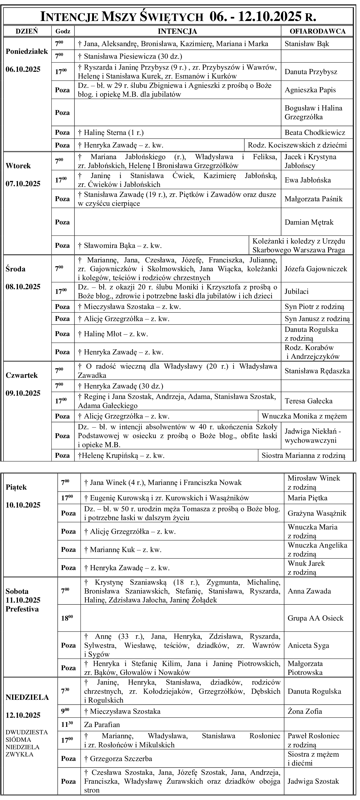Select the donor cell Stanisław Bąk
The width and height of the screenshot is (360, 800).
pyautogui.click(x=307, y=44)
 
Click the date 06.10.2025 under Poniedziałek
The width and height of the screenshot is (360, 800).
pyautogui.click(x=23, y=69)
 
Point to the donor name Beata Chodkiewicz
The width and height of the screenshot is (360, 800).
pyautogui.click(x=315, y=133)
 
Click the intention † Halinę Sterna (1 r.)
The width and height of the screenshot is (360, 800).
pyautogui.click(x=111, y=133)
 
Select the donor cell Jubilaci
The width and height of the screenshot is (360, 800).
pyautogui.click(x=296, y=291)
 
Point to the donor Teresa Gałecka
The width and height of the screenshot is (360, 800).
pyautogui.click(x=308, y=401)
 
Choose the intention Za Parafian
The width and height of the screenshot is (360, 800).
pyautogui.click(x=102, y=724)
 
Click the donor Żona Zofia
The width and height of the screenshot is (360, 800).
pyautogui.click(x=305, y=711)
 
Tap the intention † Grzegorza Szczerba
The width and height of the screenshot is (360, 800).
pyautogui.click(x=118, y=759)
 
